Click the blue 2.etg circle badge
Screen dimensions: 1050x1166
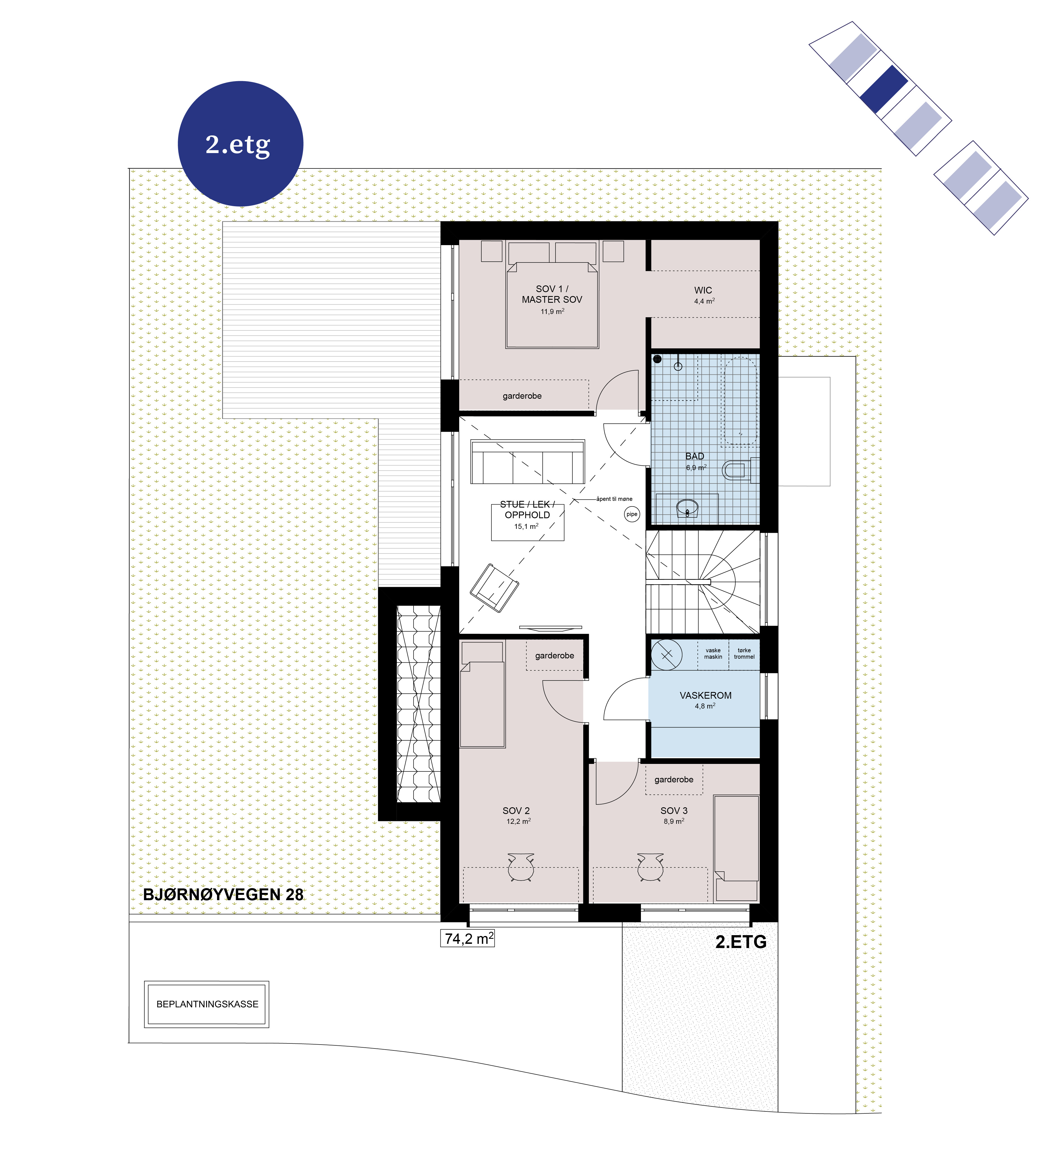point(241,144)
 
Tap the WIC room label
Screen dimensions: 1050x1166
point(703,290)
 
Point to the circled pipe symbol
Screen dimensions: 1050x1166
point(632,514)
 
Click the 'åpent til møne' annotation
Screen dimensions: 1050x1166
point(614,499)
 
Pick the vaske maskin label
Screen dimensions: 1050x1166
point(713,653)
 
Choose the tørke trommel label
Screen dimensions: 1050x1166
point(744,653)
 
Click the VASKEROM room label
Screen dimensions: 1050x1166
point(706,695)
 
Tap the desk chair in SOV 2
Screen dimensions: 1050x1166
point(521,867)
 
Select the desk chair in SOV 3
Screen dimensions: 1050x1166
point(651,867)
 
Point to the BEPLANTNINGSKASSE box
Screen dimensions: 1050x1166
point(207,1004)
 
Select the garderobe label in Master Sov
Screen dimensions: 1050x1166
point(522,396)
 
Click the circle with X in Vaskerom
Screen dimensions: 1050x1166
point(667,654)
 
